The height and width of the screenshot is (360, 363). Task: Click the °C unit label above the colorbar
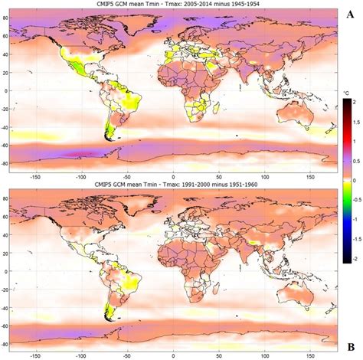point(346,92)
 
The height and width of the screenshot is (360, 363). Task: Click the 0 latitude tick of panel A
point(11,90)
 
